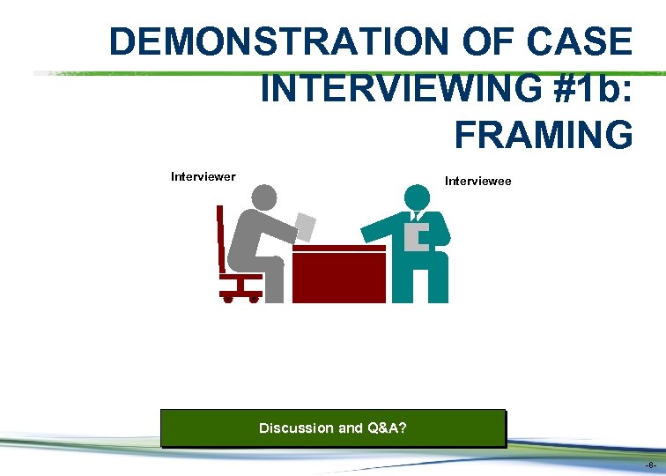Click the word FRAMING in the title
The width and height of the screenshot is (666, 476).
544,135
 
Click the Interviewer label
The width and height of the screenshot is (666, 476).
203,176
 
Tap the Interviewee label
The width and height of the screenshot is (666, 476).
478,182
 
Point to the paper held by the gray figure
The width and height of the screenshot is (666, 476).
306,226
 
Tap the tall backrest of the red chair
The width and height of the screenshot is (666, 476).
221,238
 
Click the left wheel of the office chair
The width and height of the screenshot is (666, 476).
228,299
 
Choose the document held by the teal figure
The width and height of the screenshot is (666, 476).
416,237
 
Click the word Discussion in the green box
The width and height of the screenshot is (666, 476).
296,428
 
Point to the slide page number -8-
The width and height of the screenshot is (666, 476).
649,465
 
